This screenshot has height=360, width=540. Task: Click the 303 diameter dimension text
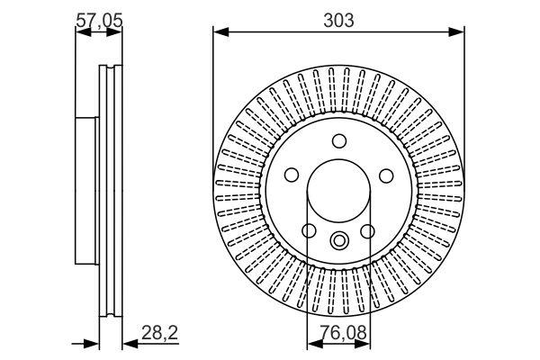(x=338, y=21)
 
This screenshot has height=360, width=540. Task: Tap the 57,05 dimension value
(x=99, y=21)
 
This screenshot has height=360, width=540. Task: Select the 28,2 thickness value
(x=159, y=333)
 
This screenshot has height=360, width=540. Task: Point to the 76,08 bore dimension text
(x=344, y=333)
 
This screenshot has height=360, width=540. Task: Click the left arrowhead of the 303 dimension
(x=221, y=32)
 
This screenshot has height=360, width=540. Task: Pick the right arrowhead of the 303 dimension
(x=456, y=32)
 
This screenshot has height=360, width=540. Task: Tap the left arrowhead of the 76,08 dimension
(x=315, y=344)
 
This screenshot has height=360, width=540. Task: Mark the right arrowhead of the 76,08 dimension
(x=363, y=344)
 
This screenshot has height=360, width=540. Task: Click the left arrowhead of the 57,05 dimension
(x=83, y=32)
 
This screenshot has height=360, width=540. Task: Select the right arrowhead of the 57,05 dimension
(x=114, y=32)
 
